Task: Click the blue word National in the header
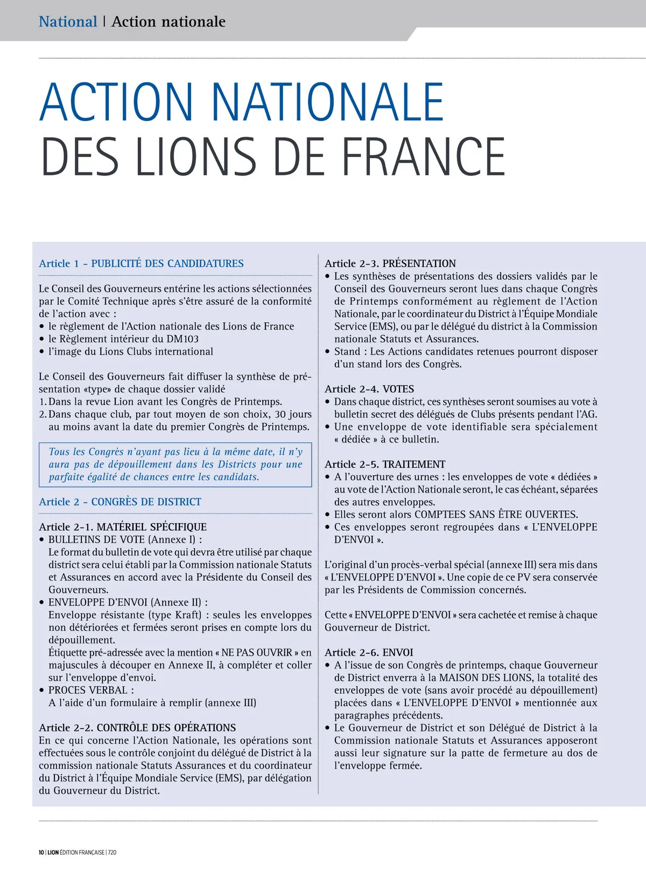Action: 68,22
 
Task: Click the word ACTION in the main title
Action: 116,102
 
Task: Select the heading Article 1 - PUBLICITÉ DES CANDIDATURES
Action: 141,264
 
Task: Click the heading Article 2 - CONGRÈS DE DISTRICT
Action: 120,502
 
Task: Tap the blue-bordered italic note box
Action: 175,464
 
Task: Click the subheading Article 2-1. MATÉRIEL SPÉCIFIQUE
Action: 123,527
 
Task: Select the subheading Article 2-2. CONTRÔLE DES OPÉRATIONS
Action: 137,728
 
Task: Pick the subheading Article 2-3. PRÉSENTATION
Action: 390,264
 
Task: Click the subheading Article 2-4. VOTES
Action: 369,389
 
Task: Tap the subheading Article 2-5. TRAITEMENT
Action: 385,464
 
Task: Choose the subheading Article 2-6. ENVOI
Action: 369,653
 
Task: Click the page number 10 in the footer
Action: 41,853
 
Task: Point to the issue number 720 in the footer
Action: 112,853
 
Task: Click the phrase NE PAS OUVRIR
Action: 257,653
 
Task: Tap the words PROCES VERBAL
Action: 88,691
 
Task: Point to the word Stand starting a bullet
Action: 347,351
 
